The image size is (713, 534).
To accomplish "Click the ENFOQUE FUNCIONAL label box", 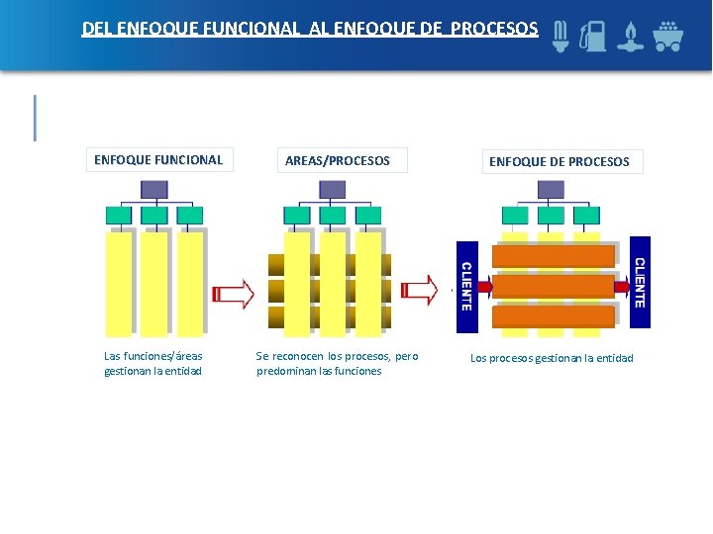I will point(158,159).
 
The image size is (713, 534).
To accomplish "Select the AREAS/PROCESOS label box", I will point(338,160).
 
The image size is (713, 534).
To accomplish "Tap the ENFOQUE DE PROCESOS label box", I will point(560,161).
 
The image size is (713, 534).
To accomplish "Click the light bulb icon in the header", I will point(561,36).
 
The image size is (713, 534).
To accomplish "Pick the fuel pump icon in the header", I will point(595,36).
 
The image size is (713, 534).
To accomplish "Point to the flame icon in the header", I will point(629,37).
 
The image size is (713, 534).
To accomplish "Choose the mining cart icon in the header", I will point(667,36).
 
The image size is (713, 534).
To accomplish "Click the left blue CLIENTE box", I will point(465,286).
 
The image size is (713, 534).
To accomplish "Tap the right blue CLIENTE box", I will point(640,282).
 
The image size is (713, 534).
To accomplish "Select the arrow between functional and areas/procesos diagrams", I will point(234,293).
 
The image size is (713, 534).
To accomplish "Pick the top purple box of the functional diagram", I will point(154,189).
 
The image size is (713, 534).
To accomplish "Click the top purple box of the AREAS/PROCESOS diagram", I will point(333,189).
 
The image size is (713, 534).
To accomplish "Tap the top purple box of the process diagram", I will point(551,189).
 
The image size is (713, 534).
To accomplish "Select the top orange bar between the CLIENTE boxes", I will point(554,256).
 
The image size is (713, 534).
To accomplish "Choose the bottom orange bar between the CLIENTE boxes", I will point(554,316).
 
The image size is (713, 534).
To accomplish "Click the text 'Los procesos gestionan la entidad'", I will point(552,358).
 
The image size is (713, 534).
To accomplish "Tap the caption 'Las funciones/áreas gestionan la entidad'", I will point(153,364).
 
